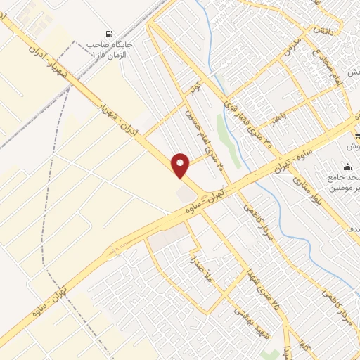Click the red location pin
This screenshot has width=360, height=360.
coord(181,165)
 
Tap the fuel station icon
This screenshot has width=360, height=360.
coord(108,33)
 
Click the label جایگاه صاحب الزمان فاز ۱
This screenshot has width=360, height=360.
coord(110,50)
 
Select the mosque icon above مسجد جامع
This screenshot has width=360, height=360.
coord(347,167)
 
